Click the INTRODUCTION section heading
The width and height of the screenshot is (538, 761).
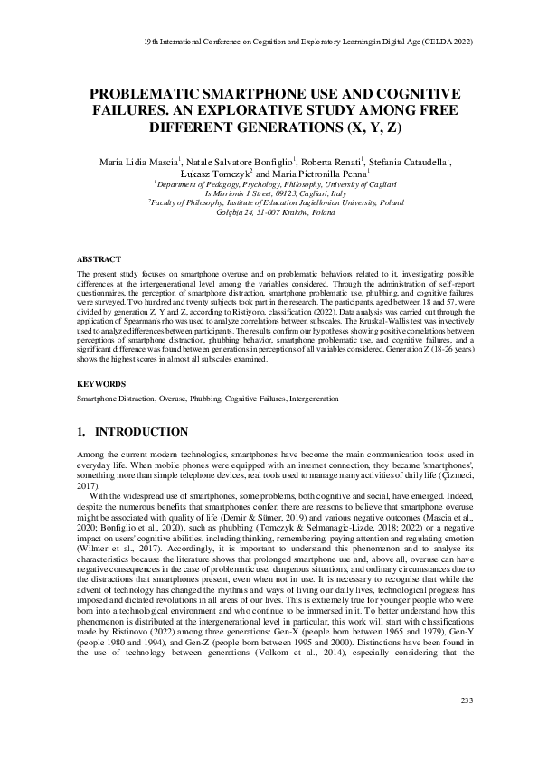click(x=149, y=432)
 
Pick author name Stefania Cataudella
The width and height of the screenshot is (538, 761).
click(x=407, y=162)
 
